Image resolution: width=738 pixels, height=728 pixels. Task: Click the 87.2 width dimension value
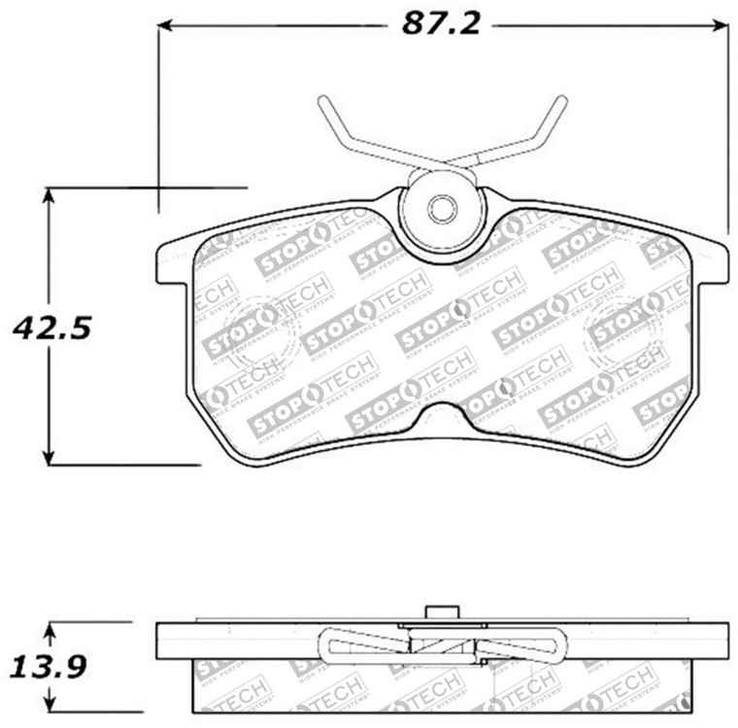(x=441, y=23)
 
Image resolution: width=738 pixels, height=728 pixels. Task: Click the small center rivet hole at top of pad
(x=442, y=208)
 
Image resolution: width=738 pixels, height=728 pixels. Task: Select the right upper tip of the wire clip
(x=560, y=101)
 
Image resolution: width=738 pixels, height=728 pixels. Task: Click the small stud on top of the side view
(x=442, y=612)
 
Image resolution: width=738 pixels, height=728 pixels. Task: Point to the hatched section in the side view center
(x=442, y=644)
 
